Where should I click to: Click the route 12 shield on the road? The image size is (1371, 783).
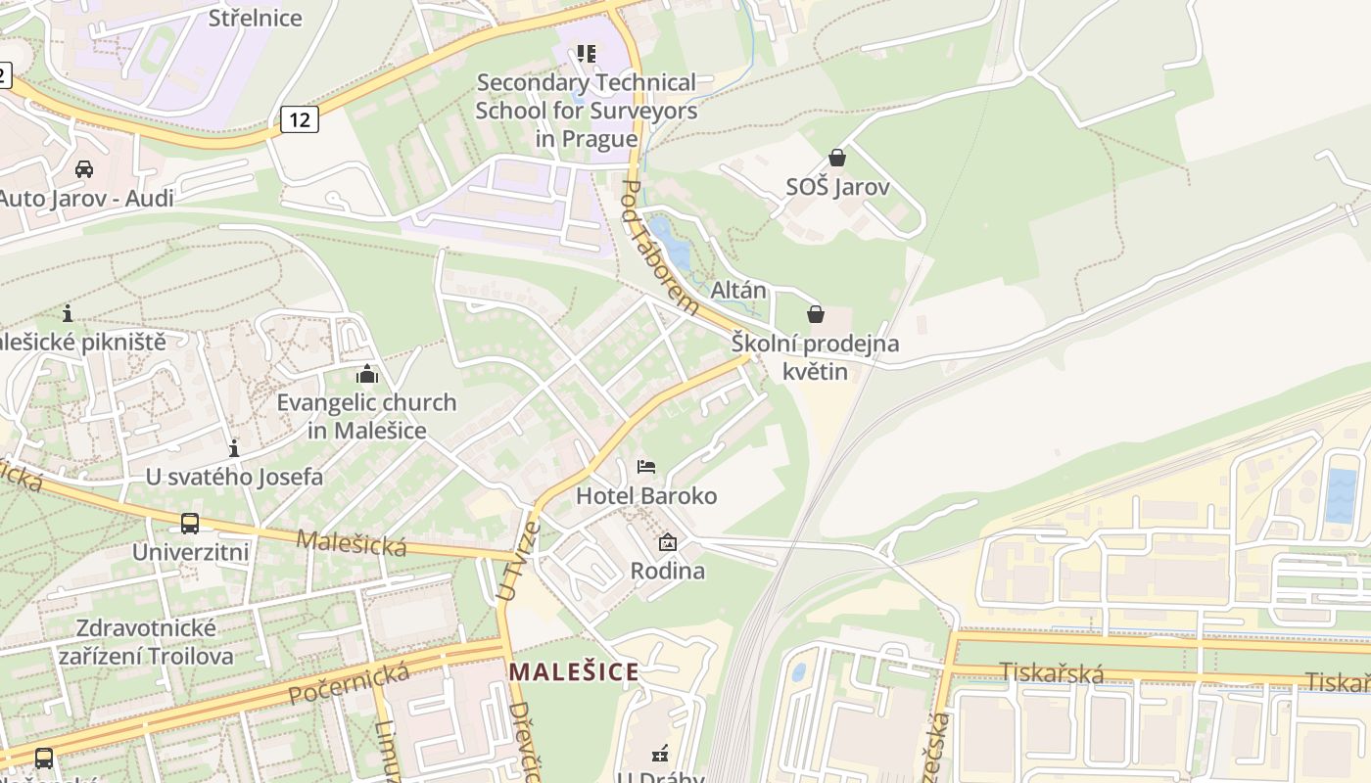300,119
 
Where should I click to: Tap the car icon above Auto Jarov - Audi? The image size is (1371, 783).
84,169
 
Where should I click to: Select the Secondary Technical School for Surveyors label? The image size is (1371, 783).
586,110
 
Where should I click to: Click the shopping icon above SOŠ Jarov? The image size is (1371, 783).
837,158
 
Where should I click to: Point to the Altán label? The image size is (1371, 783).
738,291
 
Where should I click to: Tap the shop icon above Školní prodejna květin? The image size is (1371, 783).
815,314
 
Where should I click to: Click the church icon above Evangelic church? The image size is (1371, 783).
367,374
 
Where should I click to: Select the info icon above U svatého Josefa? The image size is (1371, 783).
234,449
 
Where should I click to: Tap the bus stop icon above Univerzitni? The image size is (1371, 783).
190,524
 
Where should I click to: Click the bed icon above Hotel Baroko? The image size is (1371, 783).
646,467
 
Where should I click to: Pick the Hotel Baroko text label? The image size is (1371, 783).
646,496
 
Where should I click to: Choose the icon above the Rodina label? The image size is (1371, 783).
668,542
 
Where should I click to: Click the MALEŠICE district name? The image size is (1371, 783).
574,672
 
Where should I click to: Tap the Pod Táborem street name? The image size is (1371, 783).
660,247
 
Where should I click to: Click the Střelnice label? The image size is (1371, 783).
256,18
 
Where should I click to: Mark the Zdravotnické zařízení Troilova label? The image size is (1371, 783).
146,641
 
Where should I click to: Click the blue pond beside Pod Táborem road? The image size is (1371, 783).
673,245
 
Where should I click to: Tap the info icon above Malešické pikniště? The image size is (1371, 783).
68,314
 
